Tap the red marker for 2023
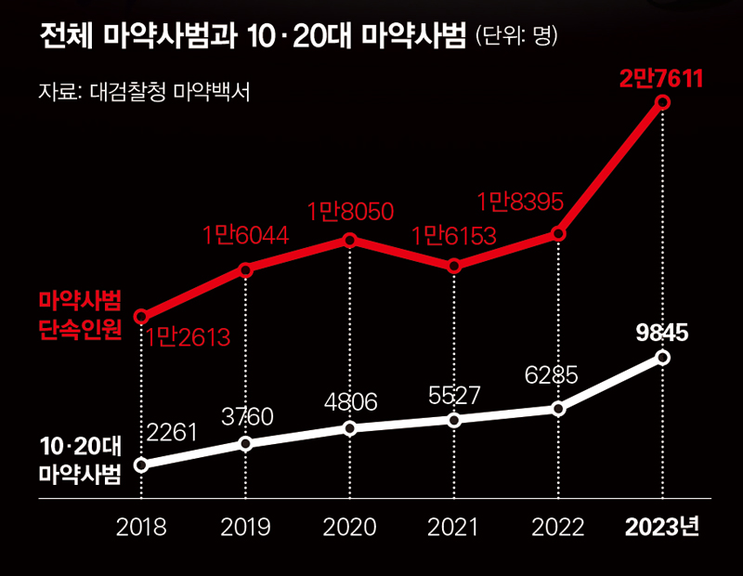(662, 103)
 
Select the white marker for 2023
(662, 357)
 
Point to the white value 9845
(661, 333)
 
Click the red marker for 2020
(350, 240)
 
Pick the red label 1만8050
(350, 211)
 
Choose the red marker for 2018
(141, 316)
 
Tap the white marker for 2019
(245, 443)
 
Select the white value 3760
(246, 417)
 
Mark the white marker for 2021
(454, 420)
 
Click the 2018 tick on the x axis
(141, 527)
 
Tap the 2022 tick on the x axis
(558, 527)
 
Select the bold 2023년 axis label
(661, 527)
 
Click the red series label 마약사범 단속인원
(80, 314)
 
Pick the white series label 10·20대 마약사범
(80, 459)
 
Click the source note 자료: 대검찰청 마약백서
(145, 93)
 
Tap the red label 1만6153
(454, 236)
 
